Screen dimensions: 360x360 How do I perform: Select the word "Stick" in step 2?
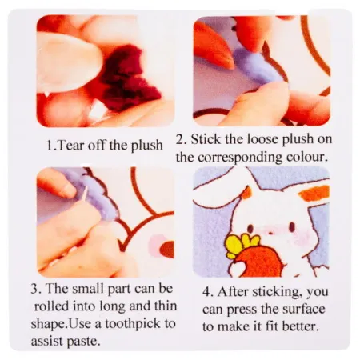(x=206, y=139)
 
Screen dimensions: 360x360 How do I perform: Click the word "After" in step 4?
(x=233, y=292)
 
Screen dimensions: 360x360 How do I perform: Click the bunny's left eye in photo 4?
(x=250, y=228)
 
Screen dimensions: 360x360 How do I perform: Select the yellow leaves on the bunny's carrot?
(x=242, y=243)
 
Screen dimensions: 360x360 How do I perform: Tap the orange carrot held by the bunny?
(x=255, y=262)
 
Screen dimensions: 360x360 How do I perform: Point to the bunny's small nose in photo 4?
(x=270, y=234)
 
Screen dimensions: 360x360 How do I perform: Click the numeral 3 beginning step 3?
(x=34, y=289)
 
